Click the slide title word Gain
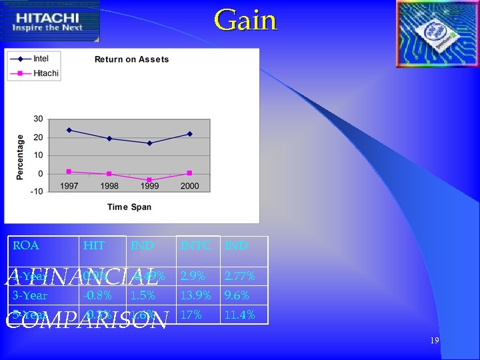tap(245, 20)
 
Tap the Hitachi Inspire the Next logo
tap(51, 21)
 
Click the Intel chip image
tap(436, 33)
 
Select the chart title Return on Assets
tap(131, 59)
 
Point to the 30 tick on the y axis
tap(38, 119)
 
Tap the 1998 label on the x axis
tap(109, 187)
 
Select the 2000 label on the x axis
tap(189, 187)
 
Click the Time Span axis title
tap(129, 207)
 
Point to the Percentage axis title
tap(21, 156)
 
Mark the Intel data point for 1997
tap(69, 130)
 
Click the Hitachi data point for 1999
tap(149, 180)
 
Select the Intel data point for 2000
tap(189, 134)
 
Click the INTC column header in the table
tap(196, 245)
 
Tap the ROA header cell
tap(26, 245)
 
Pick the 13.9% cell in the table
tap(196, 295)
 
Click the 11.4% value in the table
tap(239, 315)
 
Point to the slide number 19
tap(435, 341)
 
